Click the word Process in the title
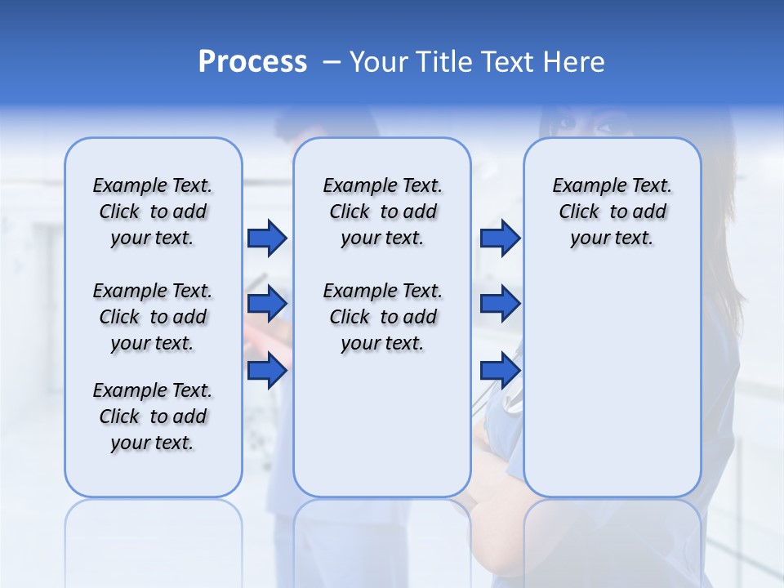point(252,62)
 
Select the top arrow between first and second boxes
point(267,238)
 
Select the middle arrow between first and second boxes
point(267,305)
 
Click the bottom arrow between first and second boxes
point(267,371)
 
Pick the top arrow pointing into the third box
point(500,238)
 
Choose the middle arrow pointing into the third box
point(500,305)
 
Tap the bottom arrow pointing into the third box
point(500,371)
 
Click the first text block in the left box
point(153,212)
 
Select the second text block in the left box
point(153,317)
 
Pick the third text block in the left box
point(153,416)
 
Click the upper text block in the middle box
point(382,212)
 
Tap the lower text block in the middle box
point(382,317)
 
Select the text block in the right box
point(612,212)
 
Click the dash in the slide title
point(332,63)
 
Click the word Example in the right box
point(583,186)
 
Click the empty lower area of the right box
point(612,392)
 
